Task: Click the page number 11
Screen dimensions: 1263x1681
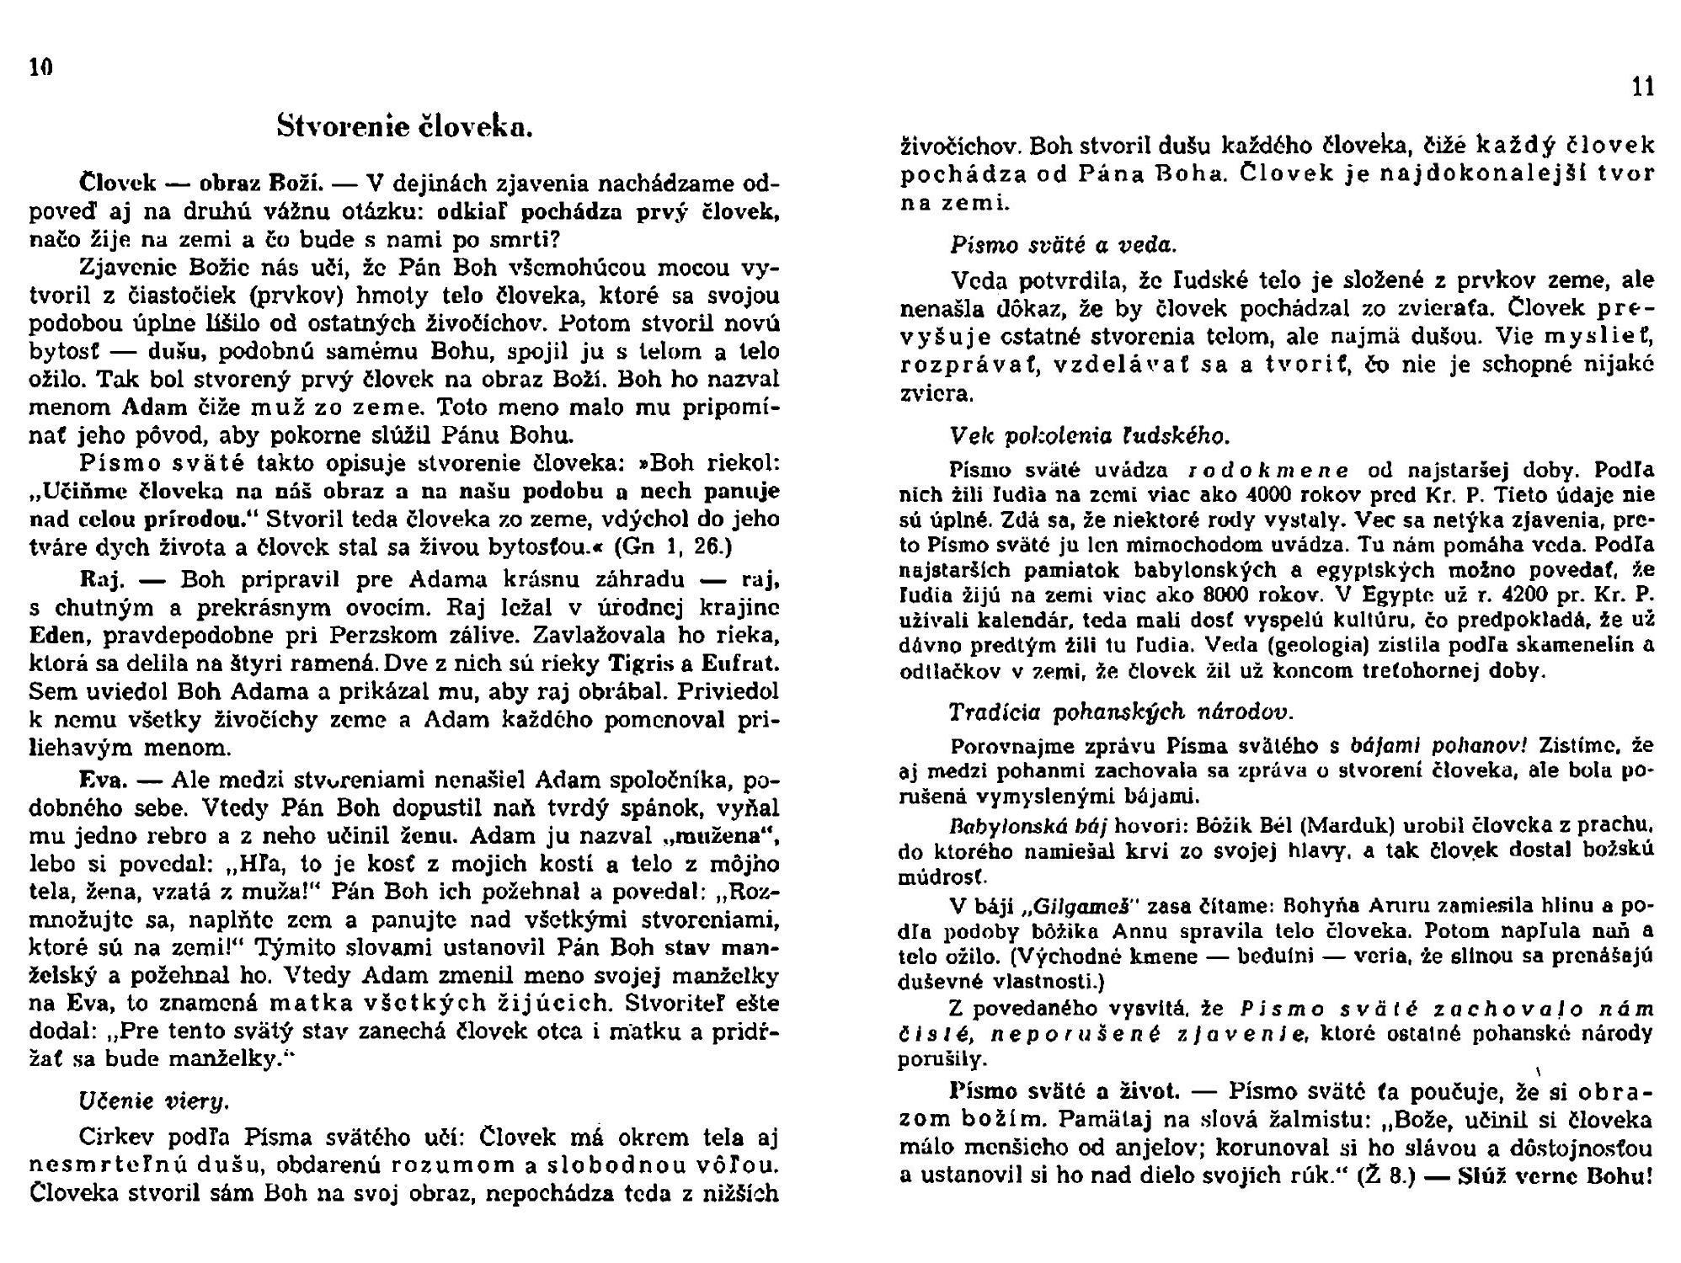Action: click(x=1643, y=88)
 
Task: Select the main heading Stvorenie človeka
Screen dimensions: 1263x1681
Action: click(x=404, y=127)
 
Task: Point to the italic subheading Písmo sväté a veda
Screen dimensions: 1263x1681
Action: click(x=1063, y=245)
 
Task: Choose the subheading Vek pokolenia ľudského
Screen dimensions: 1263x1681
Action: click(x=1089, y=435)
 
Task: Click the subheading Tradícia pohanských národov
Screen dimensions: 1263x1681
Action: click(x=1120, y=711)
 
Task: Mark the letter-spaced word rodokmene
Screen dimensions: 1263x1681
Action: click(x=1267, y=470)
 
